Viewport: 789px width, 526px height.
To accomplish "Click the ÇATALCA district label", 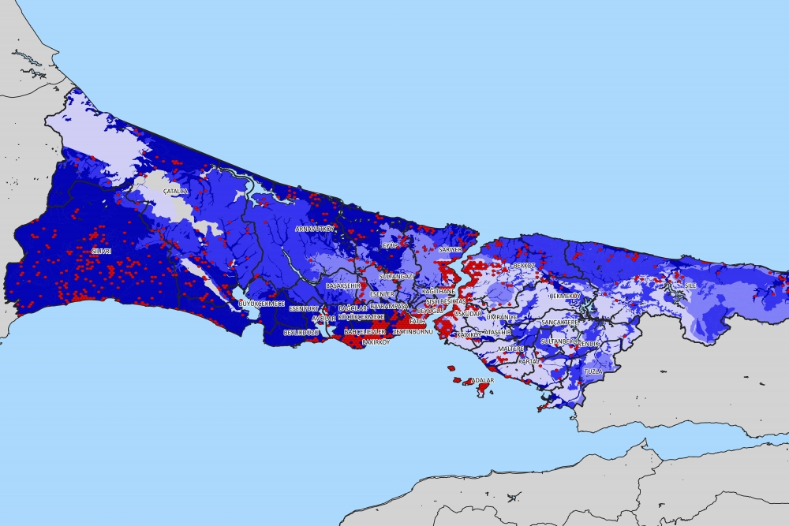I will (x=175, y=192).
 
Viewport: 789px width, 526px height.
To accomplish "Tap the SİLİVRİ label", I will (x=101, y=251).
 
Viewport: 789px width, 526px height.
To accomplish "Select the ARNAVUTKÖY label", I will (x=315, y=229).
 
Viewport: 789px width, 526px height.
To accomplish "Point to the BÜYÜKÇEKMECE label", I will (x=261, y=304).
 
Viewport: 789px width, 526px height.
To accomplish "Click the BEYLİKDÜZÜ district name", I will (x=300, y=333).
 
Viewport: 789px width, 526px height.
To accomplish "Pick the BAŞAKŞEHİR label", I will (x=342, y=285).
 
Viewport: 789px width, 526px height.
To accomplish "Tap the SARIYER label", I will (x=450, y=249).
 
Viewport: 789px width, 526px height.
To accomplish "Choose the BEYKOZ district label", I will (x=524, y=266).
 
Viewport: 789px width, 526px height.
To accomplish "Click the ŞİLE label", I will (x=690, y=285).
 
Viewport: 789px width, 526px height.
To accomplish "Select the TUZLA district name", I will (x=593, y=370).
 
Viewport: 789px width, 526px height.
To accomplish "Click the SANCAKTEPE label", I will (x=559, y=323).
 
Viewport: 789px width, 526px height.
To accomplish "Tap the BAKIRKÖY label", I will (x=376, y=343).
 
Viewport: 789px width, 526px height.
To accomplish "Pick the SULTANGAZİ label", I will (x=396, y=277).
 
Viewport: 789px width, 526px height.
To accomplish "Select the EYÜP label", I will (x=388, y=245).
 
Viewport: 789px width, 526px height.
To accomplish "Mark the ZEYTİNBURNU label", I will (x=413, y=332).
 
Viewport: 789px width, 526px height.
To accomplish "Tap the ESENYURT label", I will (x=303, y=308).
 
